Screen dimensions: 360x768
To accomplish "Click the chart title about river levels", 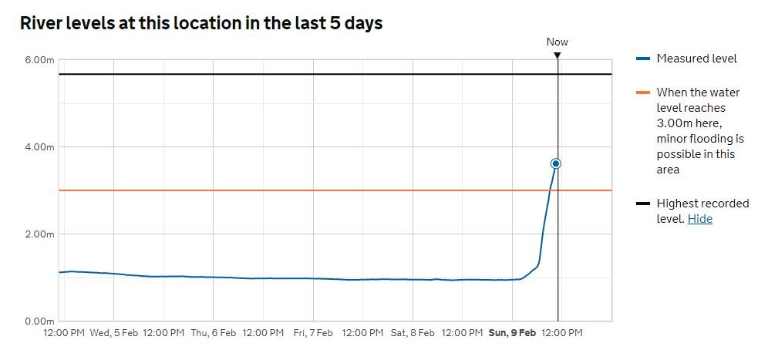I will [201, 23].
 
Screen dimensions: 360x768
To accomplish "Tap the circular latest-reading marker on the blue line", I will [556, 163].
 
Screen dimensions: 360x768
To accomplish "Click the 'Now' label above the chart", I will [557, 42].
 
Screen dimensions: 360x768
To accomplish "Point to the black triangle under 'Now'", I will [557, 55].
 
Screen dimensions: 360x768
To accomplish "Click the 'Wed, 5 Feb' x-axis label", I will [113, 333].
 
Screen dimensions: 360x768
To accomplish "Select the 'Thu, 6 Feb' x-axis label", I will [213, 333].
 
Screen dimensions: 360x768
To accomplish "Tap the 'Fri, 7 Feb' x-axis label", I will [313, 333].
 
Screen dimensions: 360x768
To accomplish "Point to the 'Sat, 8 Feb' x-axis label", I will [413, 333].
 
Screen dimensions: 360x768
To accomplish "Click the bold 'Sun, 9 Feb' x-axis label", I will [512, 333].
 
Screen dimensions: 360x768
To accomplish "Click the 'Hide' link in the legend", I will [700, 219].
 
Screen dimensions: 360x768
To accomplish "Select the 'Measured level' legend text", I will [697, 59].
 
